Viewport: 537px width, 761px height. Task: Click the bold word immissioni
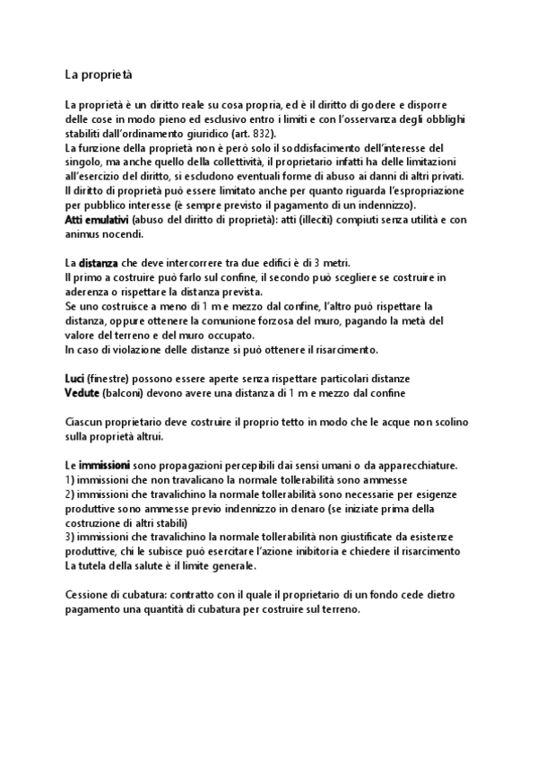[104, 465]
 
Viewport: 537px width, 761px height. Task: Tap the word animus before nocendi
[87, 234]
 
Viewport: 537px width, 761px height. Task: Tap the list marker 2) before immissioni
[71, 494]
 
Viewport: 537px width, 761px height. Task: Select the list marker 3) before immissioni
[71, 538]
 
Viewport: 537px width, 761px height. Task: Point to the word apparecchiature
[408, 465]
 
